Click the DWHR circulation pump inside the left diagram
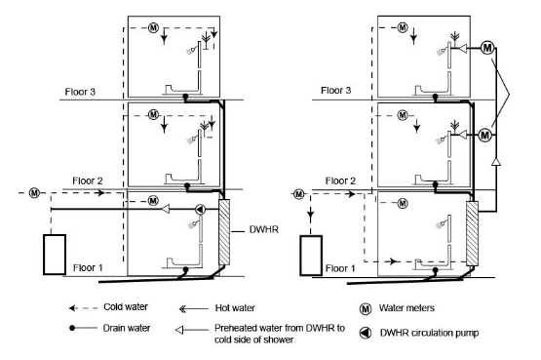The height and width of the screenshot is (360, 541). click(x=200, y=210)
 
